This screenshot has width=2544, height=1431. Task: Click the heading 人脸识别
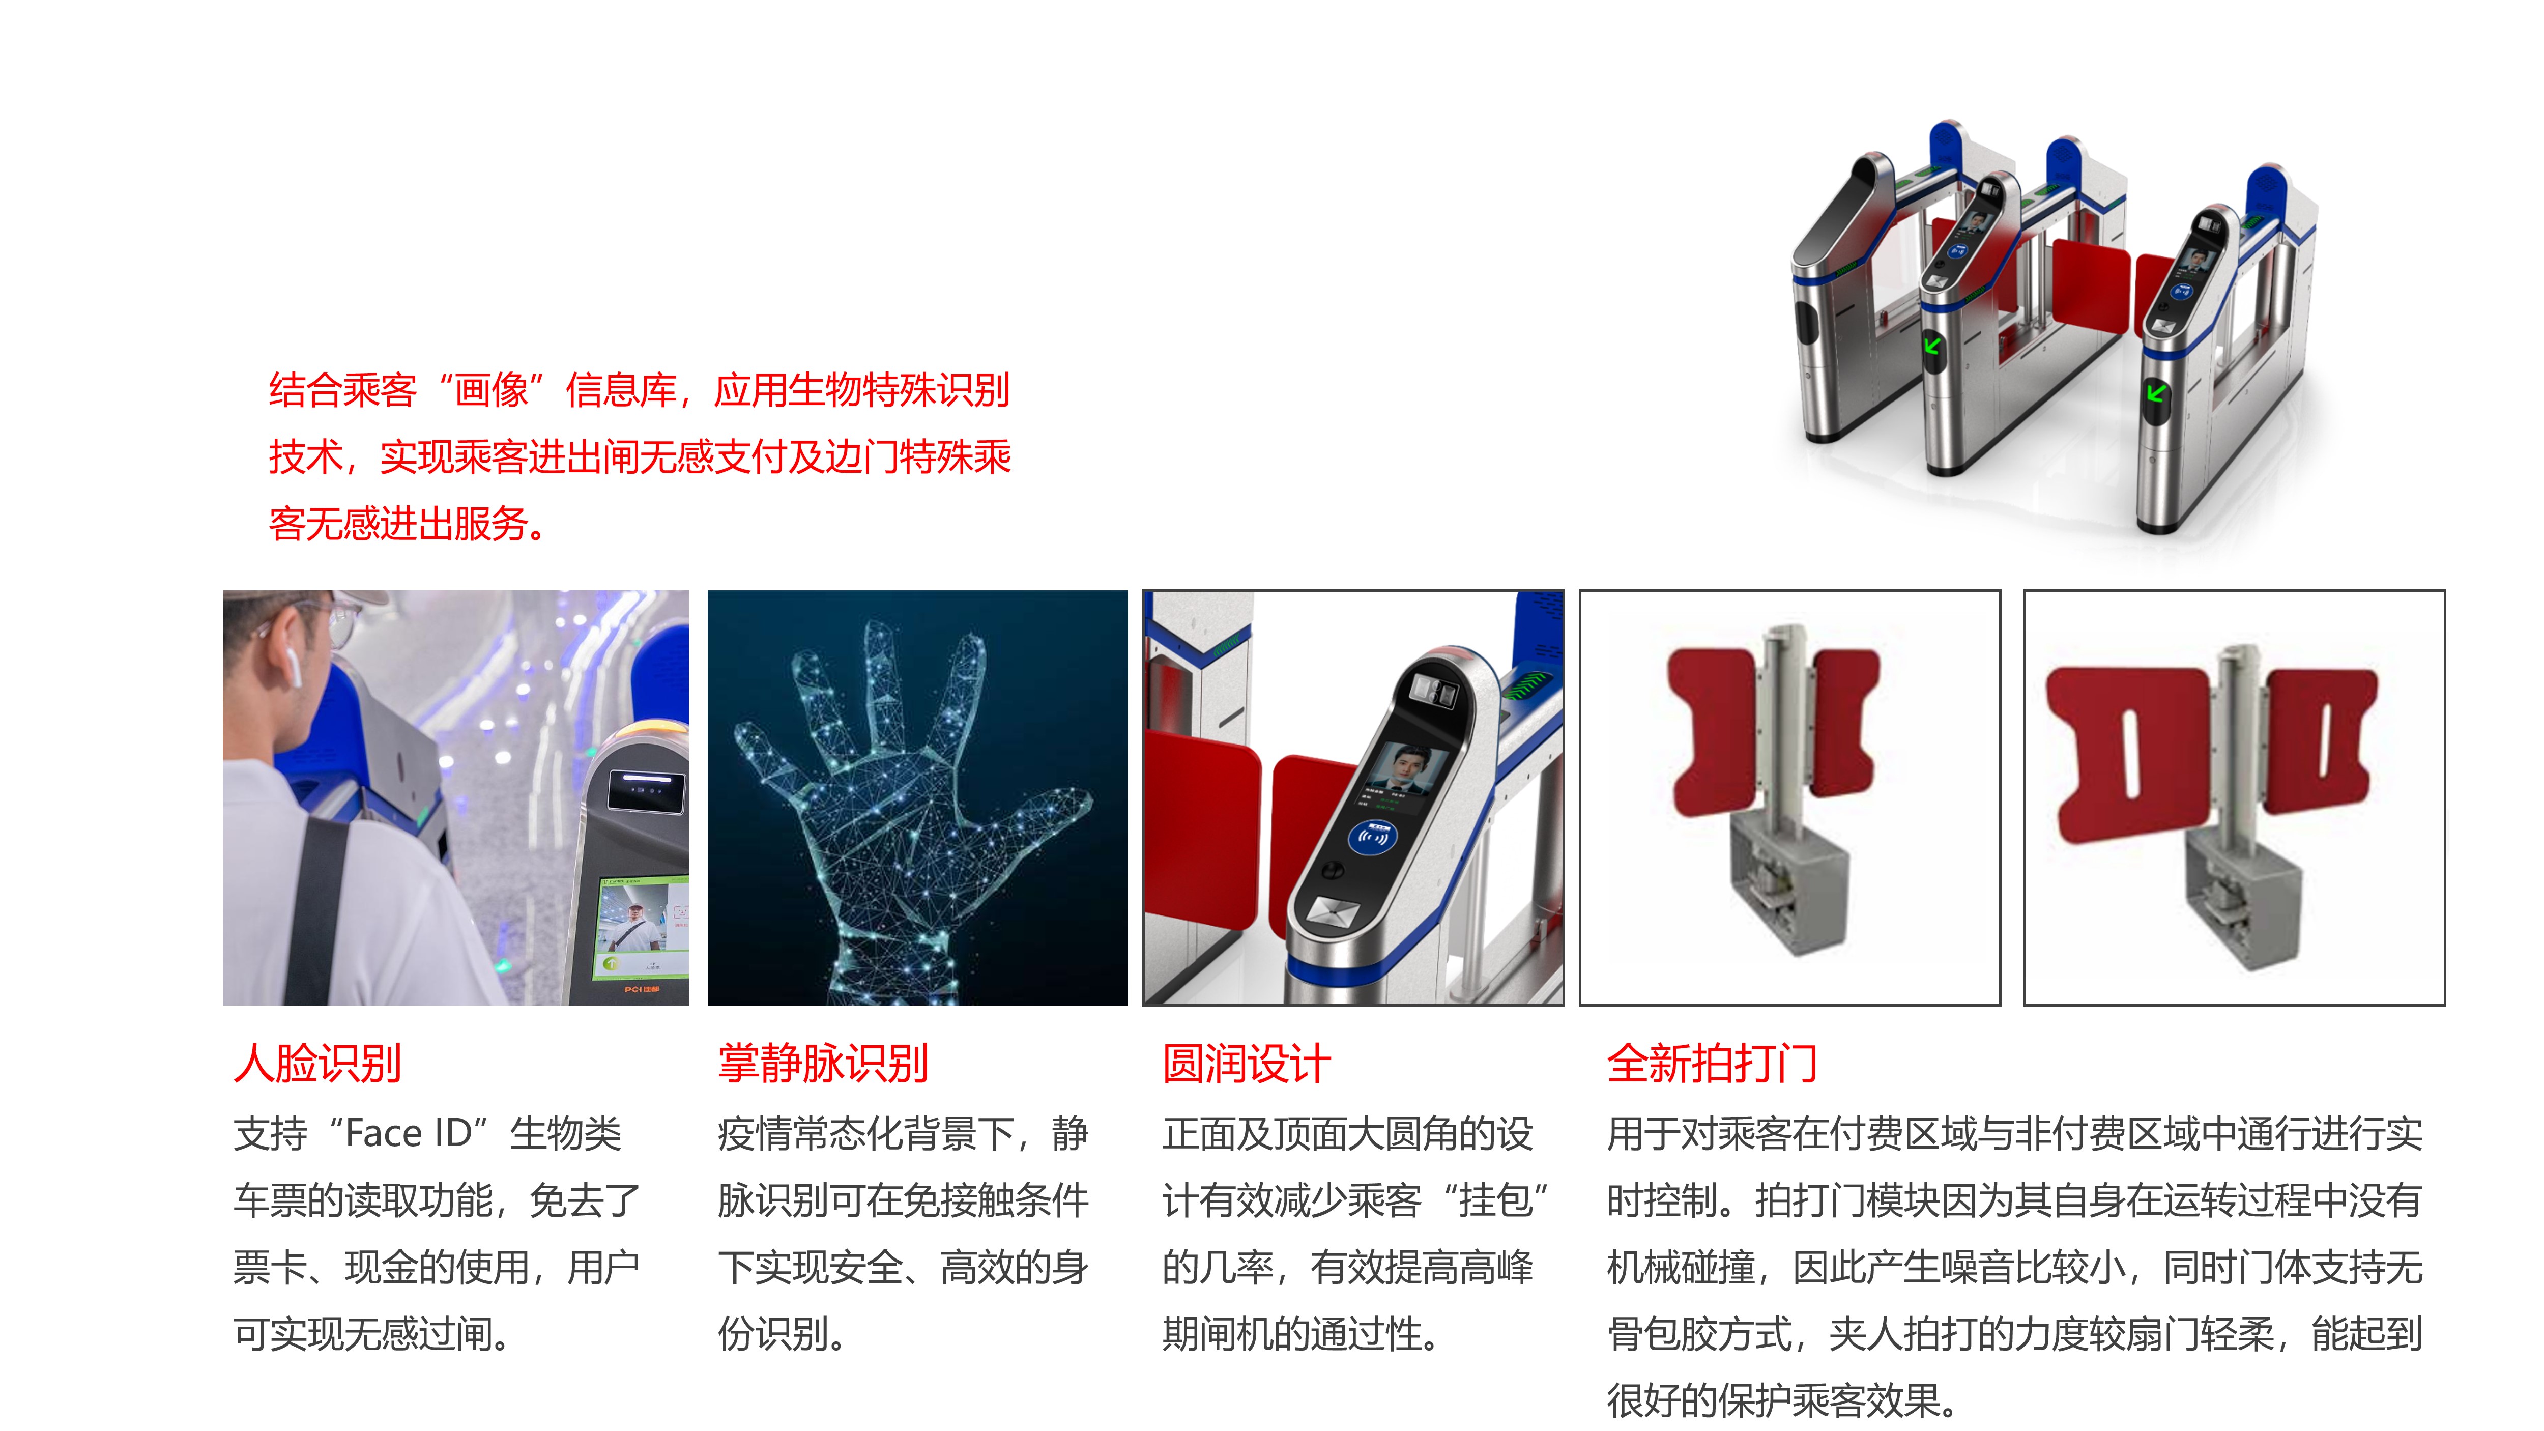[x=317, y=1064]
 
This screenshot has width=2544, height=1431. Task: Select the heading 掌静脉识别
[x=823, y=1064]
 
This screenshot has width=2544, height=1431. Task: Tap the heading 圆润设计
[x=1247, y=1064]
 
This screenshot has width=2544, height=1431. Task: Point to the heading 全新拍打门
[x=1712, y=1064]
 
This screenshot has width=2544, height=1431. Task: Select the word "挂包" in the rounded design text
[x=1495, y=1201]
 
